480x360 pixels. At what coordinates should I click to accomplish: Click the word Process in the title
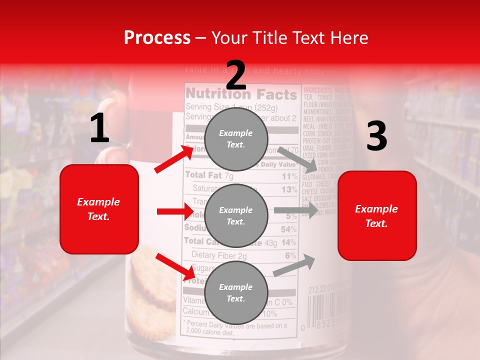157,38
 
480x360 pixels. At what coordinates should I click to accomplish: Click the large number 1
99,128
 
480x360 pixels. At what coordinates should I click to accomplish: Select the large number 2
236,75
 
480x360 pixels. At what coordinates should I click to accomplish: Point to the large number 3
376,136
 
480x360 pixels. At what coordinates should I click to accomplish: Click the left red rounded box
99,209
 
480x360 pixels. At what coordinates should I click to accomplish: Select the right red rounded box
377,216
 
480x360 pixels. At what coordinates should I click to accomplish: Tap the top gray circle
236,139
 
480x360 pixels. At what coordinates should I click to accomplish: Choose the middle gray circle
236,216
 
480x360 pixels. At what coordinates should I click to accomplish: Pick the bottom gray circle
236,293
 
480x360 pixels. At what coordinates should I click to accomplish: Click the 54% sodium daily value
288,229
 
